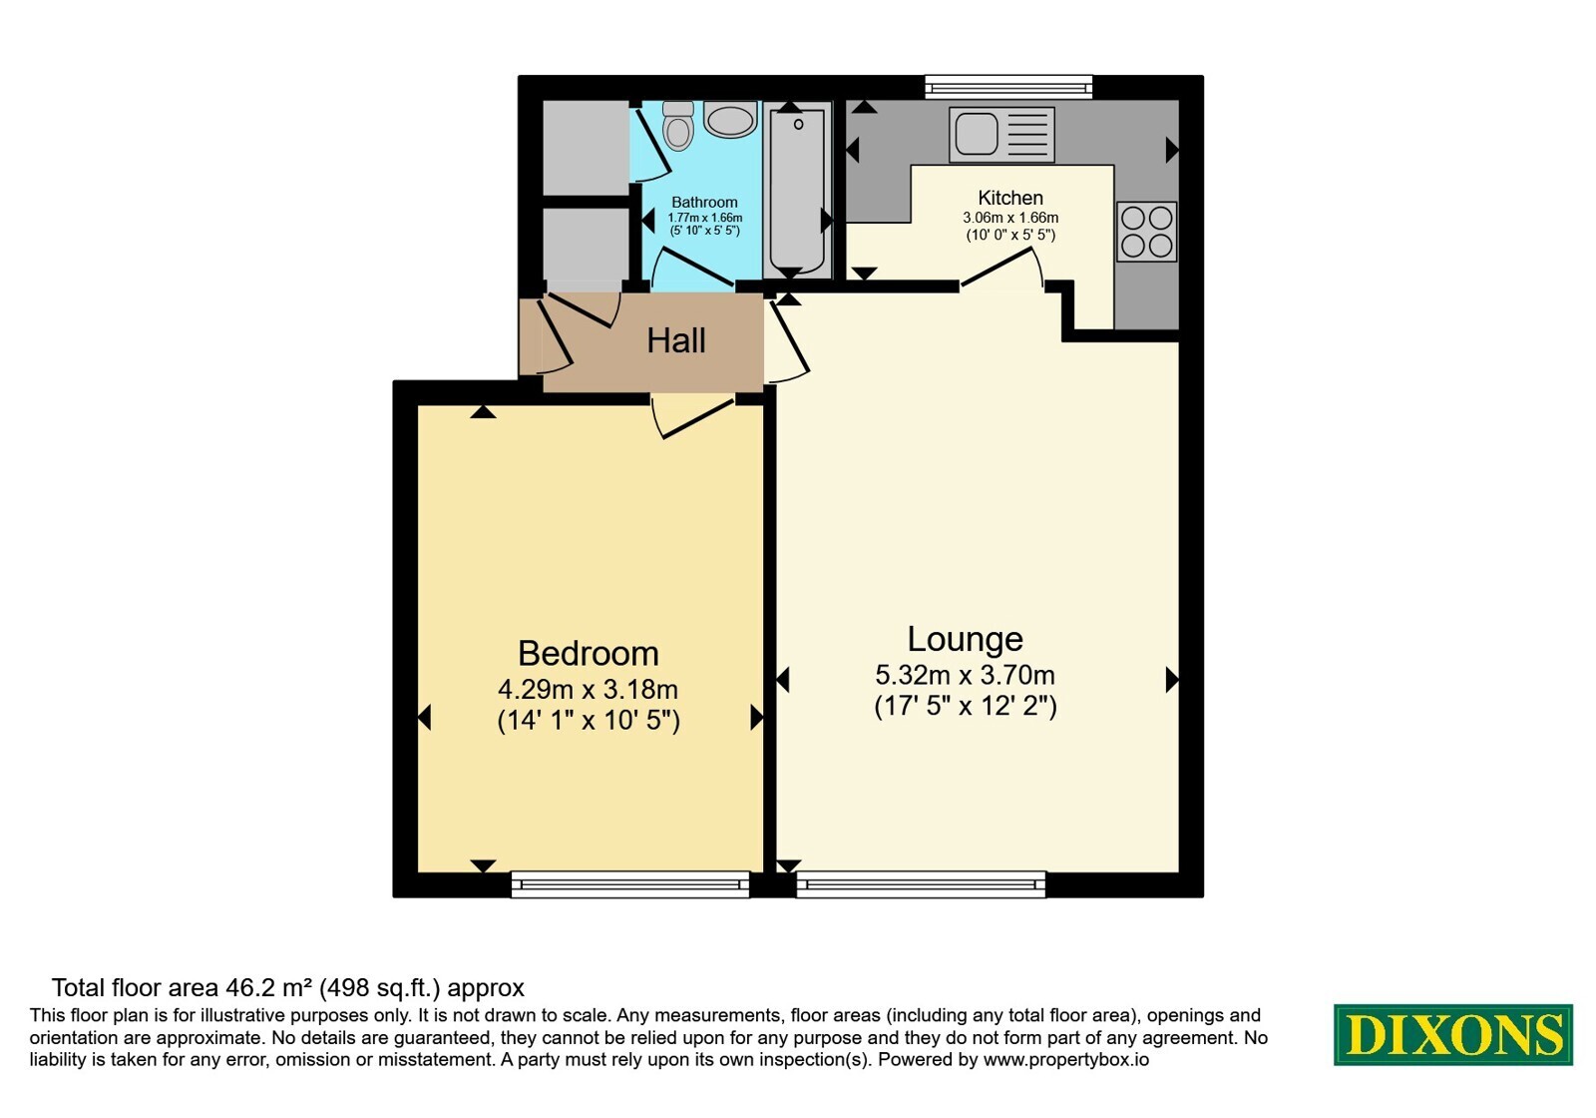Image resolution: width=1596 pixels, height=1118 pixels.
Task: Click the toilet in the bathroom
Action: coord(677,126)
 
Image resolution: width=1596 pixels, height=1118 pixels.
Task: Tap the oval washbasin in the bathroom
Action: coord(730,119)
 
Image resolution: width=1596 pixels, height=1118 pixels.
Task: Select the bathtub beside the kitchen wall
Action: coord(797,190)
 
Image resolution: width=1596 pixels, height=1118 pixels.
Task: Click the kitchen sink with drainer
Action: coord(1001,134)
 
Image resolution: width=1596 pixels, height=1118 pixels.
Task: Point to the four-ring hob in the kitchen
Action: coord(1146,232)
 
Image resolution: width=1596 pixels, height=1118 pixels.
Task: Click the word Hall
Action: coord(676,340)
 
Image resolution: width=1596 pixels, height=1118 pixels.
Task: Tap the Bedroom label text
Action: coord(589,654)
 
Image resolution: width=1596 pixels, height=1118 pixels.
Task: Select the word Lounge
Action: coord(966,640)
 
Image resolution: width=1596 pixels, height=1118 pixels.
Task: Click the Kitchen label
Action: coord(1010,198)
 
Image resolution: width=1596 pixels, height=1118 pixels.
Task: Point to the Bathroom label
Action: coord(704,203)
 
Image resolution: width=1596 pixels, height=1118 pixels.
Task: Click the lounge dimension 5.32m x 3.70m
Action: coord(966,675)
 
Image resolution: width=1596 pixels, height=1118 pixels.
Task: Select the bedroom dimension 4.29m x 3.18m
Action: coord(588,690)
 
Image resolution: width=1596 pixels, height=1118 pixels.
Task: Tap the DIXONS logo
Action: coord(1453,1034)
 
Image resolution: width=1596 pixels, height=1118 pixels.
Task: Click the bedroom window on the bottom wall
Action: coord(630,884)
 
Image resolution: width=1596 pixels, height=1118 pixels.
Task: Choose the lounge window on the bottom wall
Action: coord(922,884)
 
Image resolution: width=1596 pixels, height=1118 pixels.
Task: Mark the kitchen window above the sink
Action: coord(1008,87)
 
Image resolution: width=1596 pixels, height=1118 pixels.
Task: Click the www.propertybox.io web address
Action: coord(1066,1059)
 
